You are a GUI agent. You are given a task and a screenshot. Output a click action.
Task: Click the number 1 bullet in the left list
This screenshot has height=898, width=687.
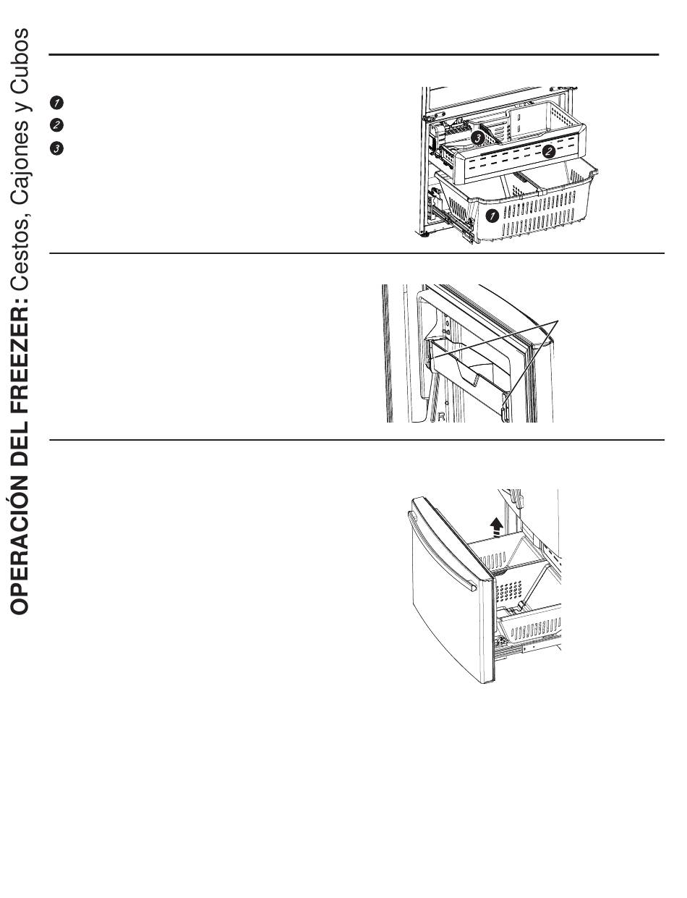[x=59, y=102]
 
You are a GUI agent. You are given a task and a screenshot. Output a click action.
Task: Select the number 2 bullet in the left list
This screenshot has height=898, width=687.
[x=59, y=124]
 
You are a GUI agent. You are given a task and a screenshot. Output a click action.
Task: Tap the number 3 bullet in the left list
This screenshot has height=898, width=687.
[x=59, y=148]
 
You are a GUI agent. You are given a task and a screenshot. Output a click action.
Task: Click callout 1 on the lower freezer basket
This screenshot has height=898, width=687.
[x=492, y=215]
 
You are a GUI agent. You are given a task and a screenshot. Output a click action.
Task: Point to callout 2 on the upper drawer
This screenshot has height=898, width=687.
[x=549, y=151]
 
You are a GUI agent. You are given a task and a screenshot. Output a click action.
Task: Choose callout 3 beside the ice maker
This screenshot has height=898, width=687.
[x=477, y=136]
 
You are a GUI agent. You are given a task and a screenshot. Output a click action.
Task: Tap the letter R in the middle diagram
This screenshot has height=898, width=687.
[x=441, y=416]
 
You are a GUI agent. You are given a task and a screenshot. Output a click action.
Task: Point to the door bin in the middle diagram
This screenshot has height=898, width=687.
[x=470, y=365]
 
